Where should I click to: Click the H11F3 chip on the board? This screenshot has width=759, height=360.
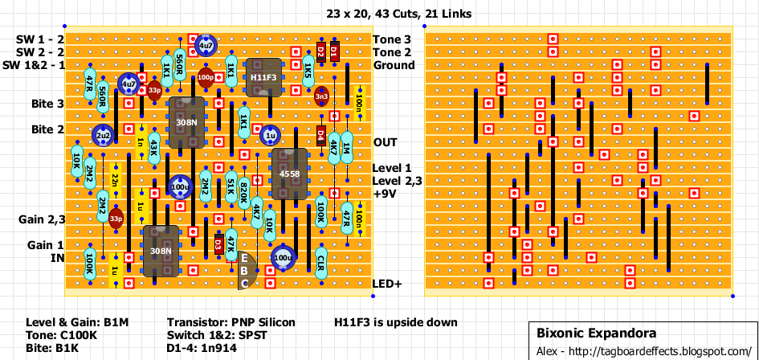coord(263,77)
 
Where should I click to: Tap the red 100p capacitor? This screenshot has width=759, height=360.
coord(206,78)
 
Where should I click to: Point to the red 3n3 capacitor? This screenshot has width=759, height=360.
coord(321,96)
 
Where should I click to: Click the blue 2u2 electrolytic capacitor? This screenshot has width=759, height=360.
coord(102,136)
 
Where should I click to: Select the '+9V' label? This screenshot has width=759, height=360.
coord(386,194)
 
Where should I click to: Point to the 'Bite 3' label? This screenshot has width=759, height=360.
coord(47,104)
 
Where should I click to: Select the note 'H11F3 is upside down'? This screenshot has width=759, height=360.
coord(396,322)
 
